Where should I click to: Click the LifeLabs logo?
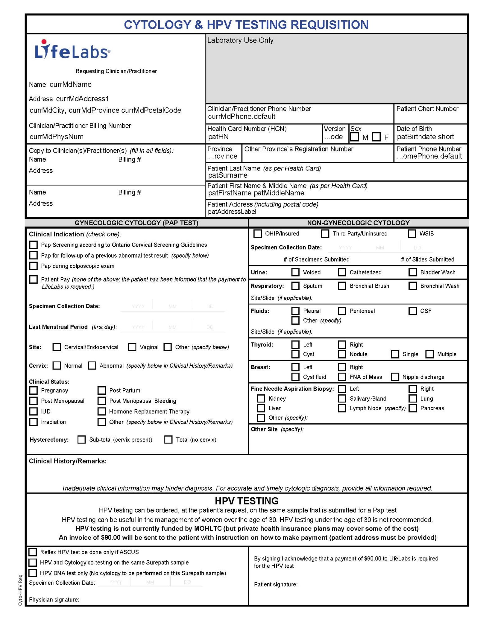[72, 50]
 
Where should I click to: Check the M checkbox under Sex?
[355, 137]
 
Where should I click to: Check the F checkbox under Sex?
[376, 137]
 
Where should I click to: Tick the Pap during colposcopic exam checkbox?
[33, 266]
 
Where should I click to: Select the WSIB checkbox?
[412, 234]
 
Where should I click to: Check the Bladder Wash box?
[413, 272]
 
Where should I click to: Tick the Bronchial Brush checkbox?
[342, 286]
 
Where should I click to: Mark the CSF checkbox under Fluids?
[413, 311]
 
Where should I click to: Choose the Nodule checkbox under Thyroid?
[342, 354]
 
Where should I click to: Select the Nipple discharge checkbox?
[395, 377]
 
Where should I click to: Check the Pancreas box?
[413, 408]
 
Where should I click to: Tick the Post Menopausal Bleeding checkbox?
[102, 401]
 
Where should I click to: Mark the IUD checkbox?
[33, 411]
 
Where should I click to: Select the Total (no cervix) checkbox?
[168, 439]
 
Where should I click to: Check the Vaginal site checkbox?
[132, 347]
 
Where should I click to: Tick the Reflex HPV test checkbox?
[33, 552]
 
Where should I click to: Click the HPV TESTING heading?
[246, 501]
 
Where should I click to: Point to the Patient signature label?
[275, 584]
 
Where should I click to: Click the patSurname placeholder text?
[228, 175]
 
